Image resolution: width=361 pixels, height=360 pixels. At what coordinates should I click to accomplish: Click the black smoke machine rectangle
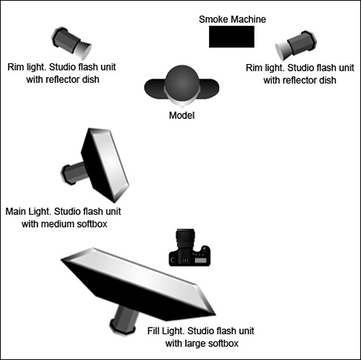tap(231, 37)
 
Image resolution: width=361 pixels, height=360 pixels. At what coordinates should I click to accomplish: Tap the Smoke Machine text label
tap(232, 19)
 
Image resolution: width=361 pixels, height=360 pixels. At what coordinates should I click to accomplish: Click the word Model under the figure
tap(182, 115)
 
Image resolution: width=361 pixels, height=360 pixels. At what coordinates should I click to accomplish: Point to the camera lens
tap(185, 238)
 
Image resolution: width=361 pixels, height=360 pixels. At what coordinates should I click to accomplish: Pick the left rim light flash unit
tap(71, 43)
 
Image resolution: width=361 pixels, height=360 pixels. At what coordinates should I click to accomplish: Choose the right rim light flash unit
tap(296, 45)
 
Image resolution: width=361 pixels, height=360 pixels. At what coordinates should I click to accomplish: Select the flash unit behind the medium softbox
tap(73, 172)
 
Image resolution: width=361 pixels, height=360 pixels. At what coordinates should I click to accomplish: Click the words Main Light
tap(28, 212)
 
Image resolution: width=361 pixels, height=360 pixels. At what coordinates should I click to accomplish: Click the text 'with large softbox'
tap(202, 343)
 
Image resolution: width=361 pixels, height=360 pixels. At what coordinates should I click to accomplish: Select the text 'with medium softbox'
tap(64, 224)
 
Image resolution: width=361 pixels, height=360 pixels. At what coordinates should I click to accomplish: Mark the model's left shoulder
tap(210, 89)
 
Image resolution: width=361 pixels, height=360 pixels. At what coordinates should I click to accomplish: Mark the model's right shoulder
tap(155, 89)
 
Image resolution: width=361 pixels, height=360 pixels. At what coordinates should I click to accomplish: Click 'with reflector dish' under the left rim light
tap(63, 79)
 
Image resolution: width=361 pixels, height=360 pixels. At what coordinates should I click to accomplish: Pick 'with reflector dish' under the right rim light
tap(300, 80)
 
